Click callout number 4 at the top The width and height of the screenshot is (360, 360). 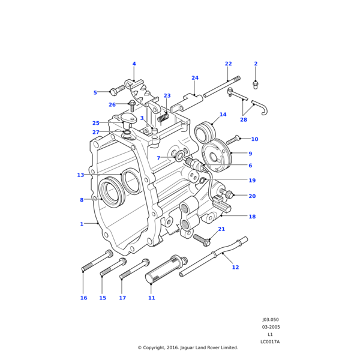134,64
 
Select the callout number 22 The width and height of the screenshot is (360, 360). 228,64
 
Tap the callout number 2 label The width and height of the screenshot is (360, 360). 256,64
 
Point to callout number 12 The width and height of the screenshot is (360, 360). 235,267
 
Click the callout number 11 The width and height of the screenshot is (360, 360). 151,298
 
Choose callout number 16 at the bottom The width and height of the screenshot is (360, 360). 83,298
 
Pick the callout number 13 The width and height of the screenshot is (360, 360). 80,175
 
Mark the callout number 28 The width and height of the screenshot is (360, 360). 243,120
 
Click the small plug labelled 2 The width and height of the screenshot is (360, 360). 256,83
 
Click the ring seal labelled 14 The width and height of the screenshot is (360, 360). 205,132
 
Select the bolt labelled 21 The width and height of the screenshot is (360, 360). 201,239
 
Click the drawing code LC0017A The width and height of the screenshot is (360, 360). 270,342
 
